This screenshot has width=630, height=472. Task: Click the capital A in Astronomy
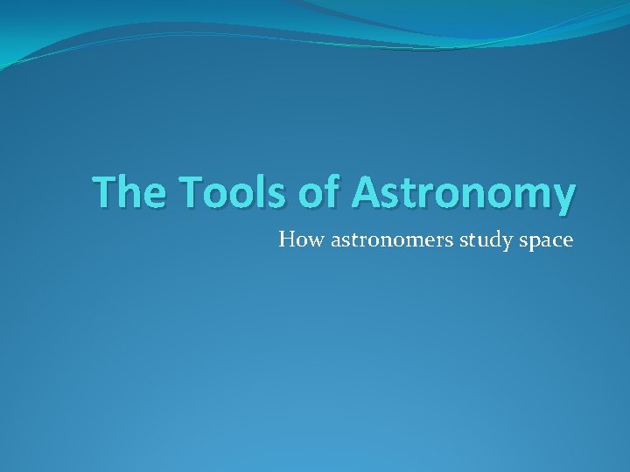tap(367, 193)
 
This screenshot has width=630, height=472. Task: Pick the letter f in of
tap(333, 191)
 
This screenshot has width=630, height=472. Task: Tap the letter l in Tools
tap(255, 191)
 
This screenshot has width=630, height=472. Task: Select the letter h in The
tap(127, 192)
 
